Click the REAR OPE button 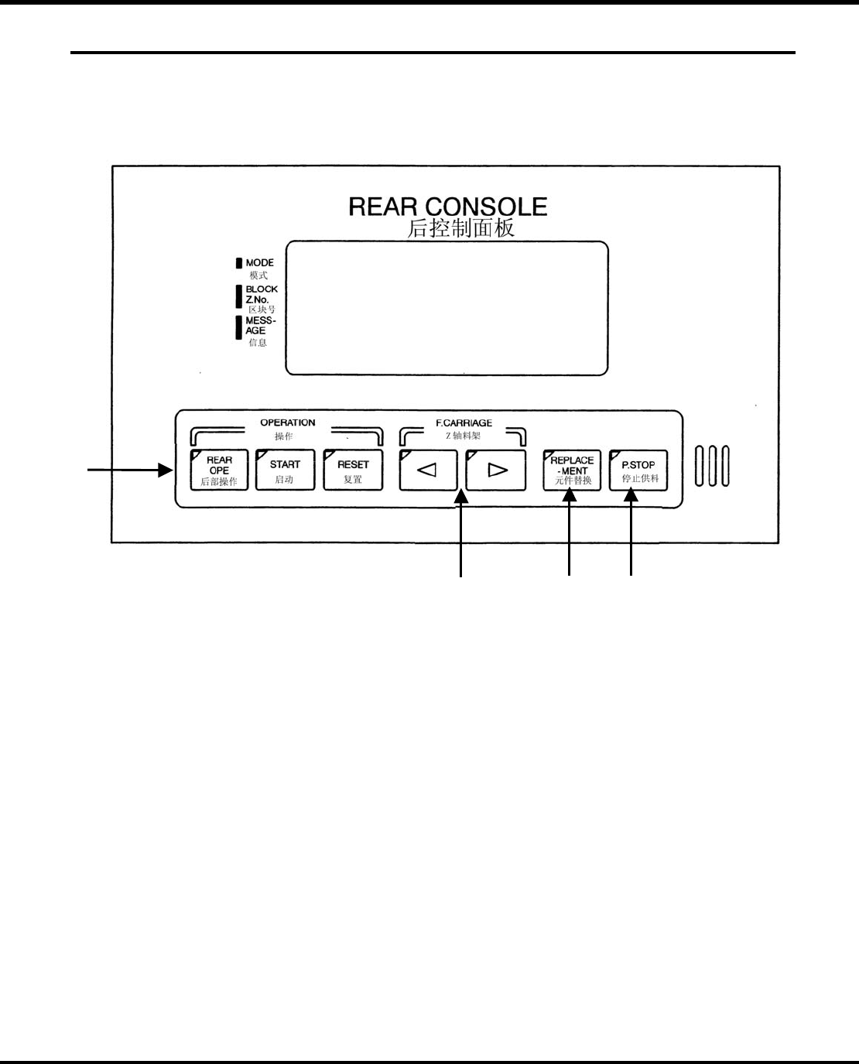coord(219,470)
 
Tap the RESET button coord(353,470)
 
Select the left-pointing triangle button coord(428,470)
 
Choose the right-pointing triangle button coord(496,470)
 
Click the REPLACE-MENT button coord(572,470)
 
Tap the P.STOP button coord(638,470)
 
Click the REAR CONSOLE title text coord(447,207)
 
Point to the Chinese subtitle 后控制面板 coord(460,228)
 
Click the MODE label coord(259,263)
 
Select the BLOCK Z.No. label coord(261,294)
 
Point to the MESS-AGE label coord(260,325)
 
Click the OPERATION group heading coord(287,423)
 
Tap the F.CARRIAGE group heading coord(464,423)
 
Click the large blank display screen coord(447,308)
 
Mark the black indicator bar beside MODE coord(239,263)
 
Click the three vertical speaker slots coord(712,466)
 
